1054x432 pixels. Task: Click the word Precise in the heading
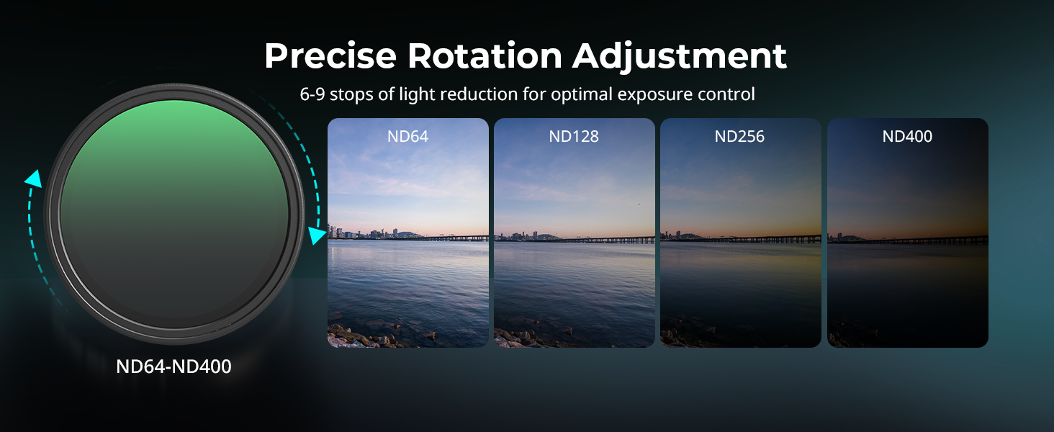click(x=330, y=56)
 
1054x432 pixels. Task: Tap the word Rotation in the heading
click(x=485, y=56)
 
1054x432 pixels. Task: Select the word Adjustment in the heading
click(x=680, y=57)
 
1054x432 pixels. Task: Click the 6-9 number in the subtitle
click(x=312, y=94)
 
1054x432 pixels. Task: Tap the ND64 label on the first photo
click(x=407, y=137)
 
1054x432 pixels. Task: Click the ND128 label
click(x=574, y=137)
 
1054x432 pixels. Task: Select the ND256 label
click(x=739, y=137)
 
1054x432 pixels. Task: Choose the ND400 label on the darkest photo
click(x=907, y=137)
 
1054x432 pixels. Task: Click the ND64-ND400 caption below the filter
click(x=174, y=366)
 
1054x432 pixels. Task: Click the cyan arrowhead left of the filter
click(x=34, y=179)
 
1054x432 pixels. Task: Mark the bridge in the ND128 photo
click(x=607, y=239)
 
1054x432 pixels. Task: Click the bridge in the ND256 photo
click(x=762, y=238)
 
